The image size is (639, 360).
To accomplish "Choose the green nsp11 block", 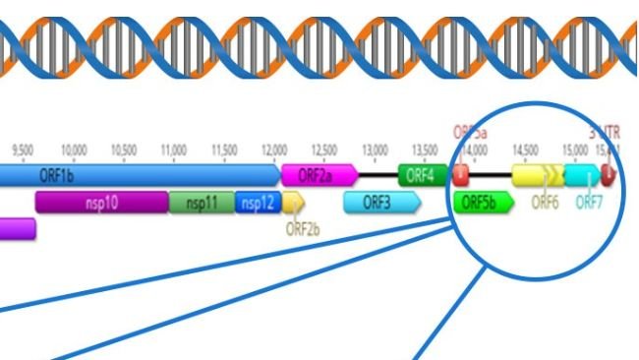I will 201,203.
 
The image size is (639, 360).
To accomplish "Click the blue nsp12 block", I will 257,203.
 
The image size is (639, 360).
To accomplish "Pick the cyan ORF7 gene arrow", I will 582,176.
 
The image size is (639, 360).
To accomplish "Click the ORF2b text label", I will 303,229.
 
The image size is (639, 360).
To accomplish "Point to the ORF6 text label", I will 545,203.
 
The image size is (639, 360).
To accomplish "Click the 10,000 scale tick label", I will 74,150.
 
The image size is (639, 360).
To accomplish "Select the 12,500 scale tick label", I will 323,150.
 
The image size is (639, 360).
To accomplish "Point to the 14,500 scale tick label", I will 524,150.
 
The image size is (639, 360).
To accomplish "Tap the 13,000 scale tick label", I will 376,150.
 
